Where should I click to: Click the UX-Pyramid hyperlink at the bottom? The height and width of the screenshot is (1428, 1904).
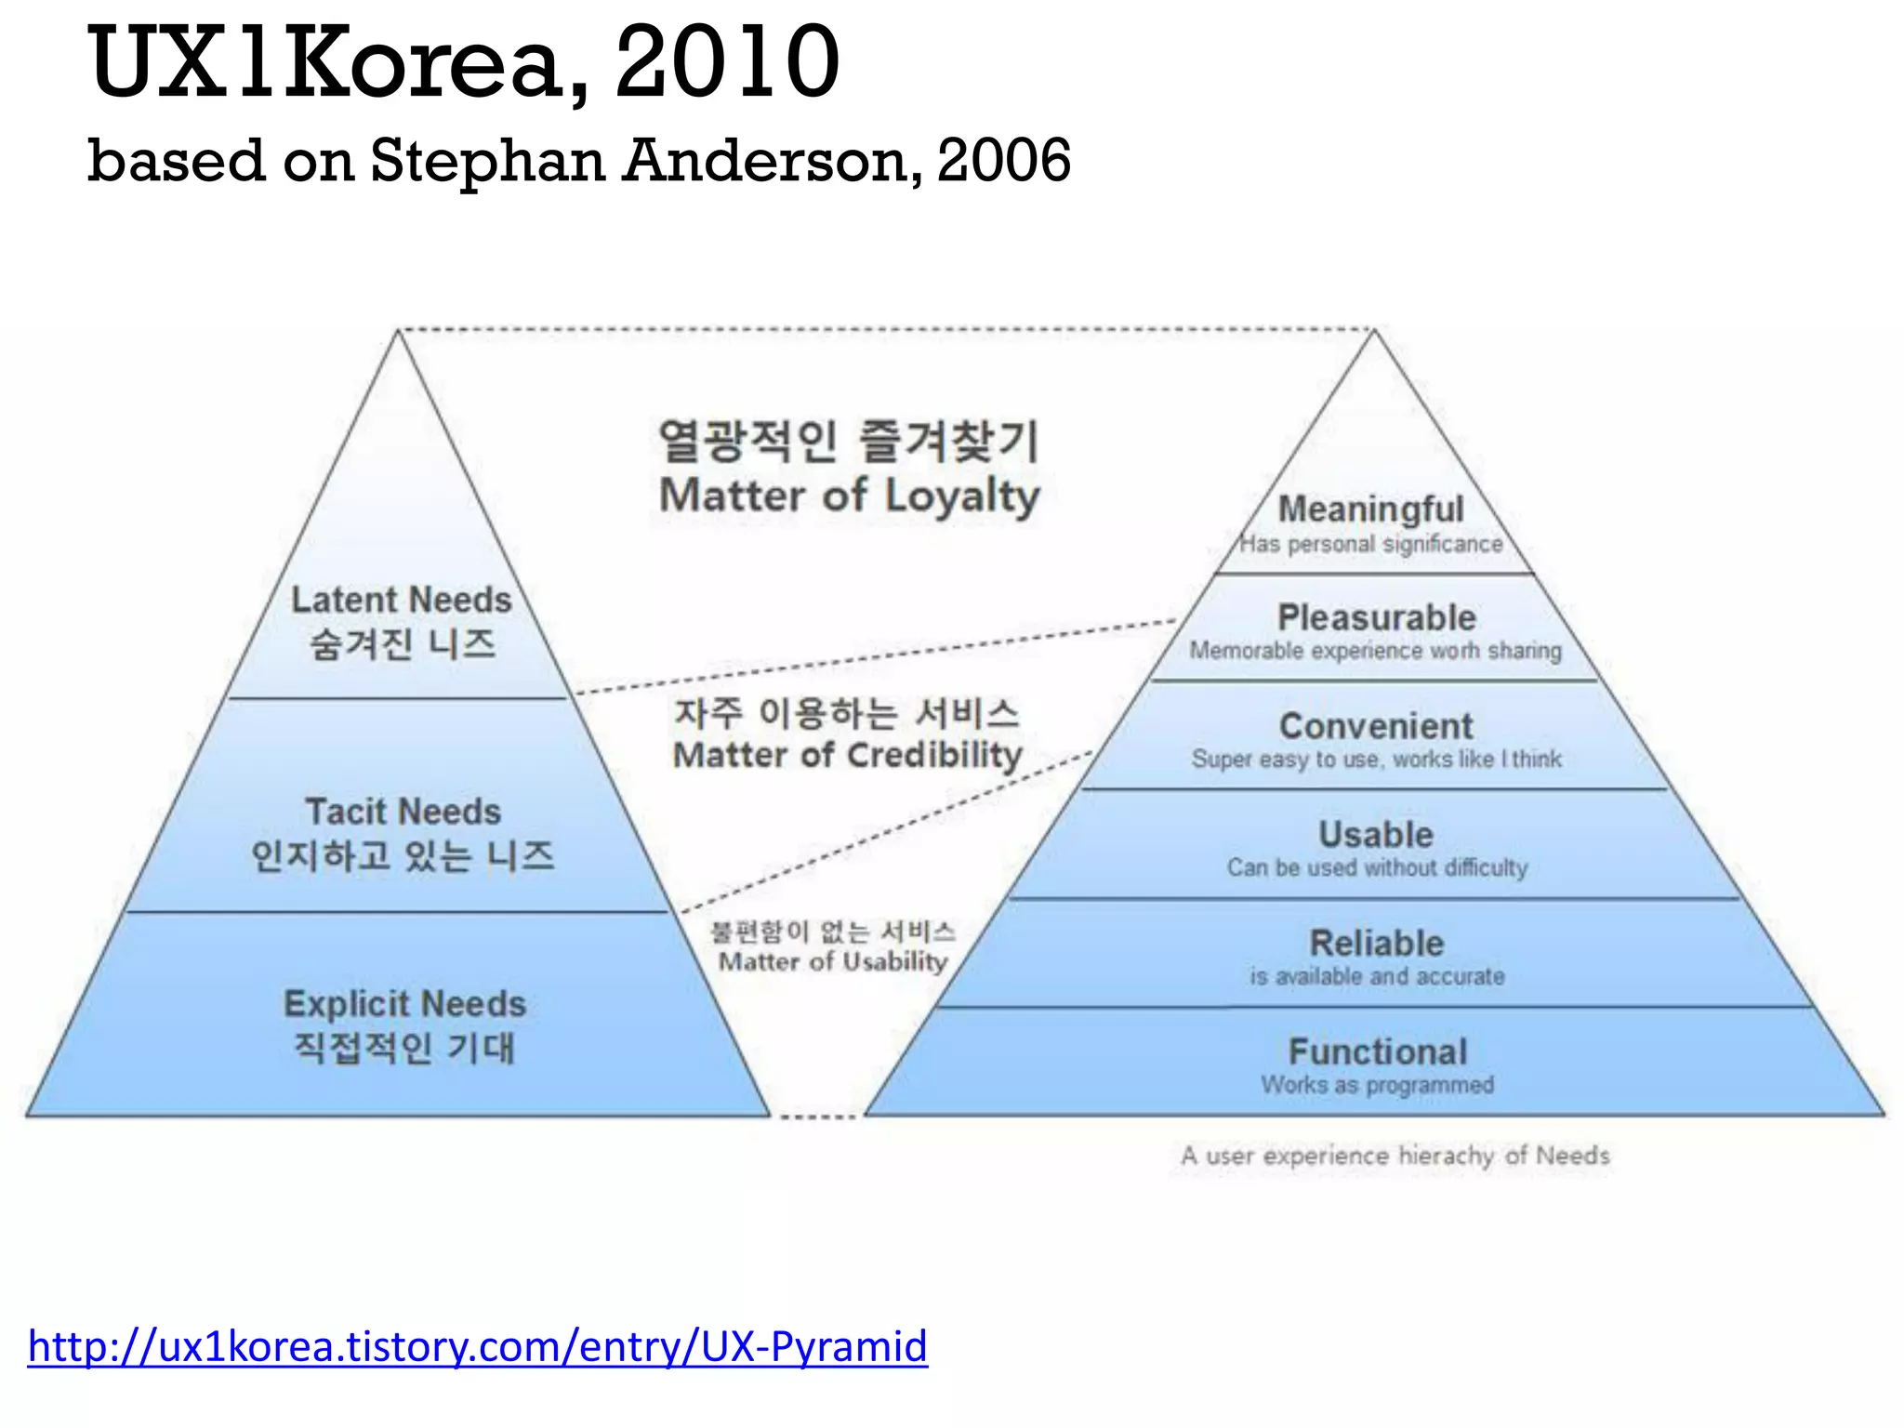click(x=478, y=1345)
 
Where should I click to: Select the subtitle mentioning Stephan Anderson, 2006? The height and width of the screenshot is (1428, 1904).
click(x=578, y=160)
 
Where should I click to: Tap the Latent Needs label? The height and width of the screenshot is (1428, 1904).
click(x=402, y=600)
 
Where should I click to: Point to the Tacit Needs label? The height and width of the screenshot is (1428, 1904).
click(x=403, y=812)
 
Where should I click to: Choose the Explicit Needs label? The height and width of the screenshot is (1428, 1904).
click(x=404, y=1004)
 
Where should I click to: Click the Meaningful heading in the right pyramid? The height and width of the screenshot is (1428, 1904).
click(x=1370, y=509)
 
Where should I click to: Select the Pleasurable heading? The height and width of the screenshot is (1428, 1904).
click(x=1376, y=617)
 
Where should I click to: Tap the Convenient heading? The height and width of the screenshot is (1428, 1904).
click(x=1376, y=725)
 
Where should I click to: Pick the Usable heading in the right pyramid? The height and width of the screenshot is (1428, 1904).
click(x=1376, y=834)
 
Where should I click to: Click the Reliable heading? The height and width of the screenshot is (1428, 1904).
click(x=1377, y=943)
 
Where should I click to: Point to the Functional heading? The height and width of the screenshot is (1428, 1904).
click(x=1378, y=1051)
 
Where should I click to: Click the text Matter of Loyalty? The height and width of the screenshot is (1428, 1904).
click(x=849, y=496)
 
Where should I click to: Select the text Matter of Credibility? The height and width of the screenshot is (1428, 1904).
click(x=847, y=755)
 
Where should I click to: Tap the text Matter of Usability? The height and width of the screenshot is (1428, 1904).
click(x=833, y=961)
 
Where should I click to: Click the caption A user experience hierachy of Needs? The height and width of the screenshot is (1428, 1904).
click(x=1395, y=1156)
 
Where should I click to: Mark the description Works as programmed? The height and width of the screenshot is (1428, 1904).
click(x=1377, y=1085)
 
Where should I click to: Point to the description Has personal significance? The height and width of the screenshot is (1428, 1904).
click(x=1371, y=544)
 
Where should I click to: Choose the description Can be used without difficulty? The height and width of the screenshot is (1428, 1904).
click(x=1377, y=867)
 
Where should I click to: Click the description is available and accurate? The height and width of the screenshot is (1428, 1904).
click(x=1377, y=976)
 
